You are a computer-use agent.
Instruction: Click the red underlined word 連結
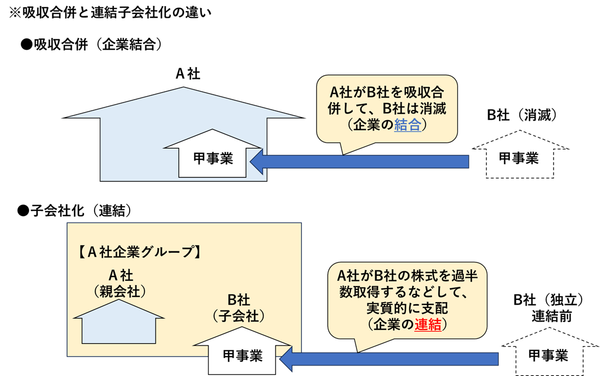tap(428, 325)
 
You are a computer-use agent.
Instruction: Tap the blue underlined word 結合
tap(408, 126)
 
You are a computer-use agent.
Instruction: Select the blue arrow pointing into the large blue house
tap(359, 162)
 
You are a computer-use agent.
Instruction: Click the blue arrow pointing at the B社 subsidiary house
tap(389, 360)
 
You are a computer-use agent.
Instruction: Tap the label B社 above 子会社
tap(239, 300)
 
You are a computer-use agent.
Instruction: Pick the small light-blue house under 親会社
tap(119, 328)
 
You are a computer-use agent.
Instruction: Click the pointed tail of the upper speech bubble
tap(343, 151)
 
